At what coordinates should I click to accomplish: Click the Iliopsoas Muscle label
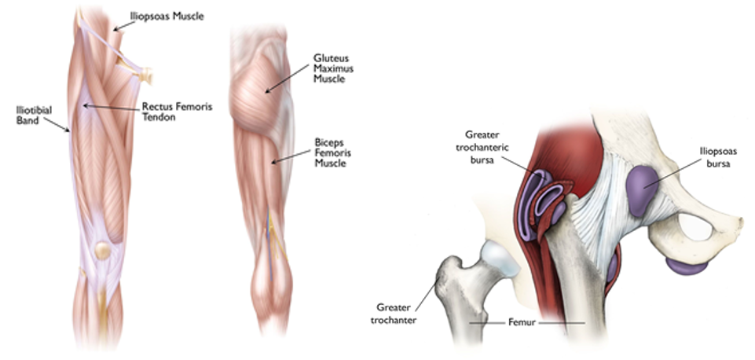[167, 16]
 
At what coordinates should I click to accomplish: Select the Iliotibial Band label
[34, 116]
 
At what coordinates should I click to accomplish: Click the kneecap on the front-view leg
[101, 252]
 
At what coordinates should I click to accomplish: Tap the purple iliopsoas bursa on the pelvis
[643, 187]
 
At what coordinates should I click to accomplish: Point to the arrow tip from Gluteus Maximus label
[267, 93]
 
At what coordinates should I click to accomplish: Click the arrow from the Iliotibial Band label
[60, 125]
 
